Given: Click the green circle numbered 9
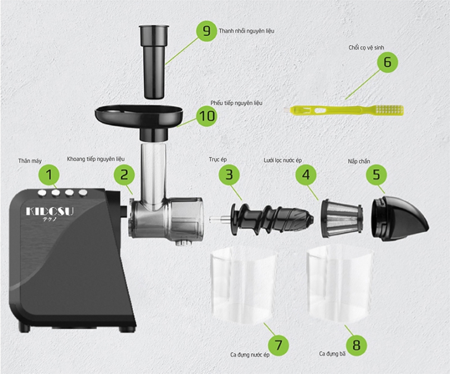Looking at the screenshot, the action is click(x=206, y=30).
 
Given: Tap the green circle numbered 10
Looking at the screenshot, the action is click(x=206, y=116).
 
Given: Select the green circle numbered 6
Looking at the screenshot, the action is click(x=387, y=62).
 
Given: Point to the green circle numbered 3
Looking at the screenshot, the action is click(x=229, y=174).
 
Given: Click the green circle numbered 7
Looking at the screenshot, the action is click(x=278, y=345).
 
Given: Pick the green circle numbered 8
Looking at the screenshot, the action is click(x=356, y=345).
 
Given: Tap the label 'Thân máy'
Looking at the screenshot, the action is click(x=30, y=161).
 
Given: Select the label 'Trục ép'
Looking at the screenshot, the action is click(x=218, y=160).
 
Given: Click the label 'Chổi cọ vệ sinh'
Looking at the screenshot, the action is click(x=366, y=48).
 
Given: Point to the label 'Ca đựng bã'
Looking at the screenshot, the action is click(x=332, y=354).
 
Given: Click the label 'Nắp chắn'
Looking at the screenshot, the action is click(x=359, y=161).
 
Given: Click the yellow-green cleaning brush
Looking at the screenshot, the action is click(x=344, y=110).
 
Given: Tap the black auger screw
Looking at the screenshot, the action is click(x=271, y=219).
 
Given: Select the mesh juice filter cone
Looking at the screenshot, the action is click(x=341, y=219).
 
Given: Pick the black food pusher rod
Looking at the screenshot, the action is click(x=154, y=62).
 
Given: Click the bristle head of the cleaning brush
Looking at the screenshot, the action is click(x=389, y=110).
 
